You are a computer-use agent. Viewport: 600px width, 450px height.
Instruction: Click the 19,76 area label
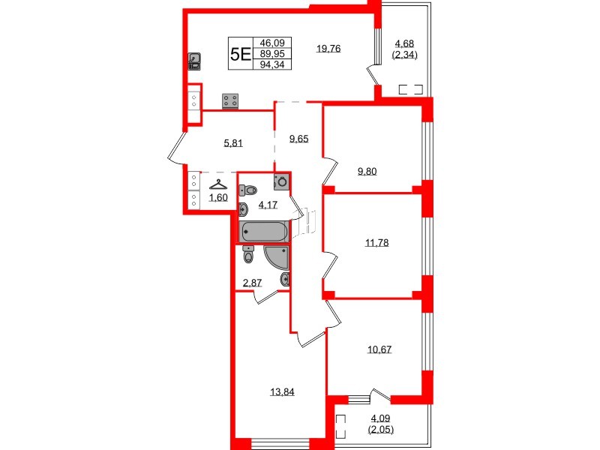point(329,49)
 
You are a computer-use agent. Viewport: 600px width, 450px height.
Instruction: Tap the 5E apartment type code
point(241,54)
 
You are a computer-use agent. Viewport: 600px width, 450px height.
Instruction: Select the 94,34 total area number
point(271,64)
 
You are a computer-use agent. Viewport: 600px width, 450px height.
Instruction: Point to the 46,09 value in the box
point(271,43)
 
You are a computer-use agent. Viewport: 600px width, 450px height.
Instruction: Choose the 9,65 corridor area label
point(299,138)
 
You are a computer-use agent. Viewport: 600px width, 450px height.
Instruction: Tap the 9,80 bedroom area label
point(367,171)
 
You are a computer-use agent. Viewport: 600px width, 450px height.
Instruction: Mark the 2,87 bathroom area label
point(251,283)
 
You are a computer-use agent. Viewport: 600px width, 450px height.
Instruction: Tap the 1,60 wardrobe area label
point(217,198)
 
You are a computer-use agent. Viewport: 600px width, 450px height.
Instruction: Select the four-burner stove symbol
point(230,100)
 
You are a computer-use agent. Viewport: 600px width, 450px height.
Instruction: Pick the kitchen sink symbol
point(194,60)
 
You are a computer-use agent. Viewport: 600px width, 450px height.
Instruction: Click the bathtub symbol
point(263,232)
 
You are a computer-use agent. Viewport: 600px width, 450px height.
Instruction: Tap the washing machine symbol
point(280,181)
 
